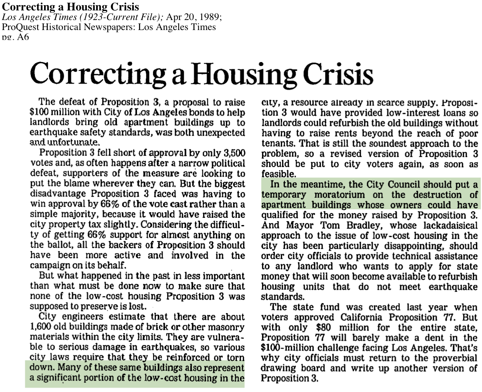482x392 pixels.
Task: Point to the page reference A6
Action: point(21,37)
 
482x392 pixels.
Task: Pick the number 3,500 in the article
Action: point(230,154)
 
